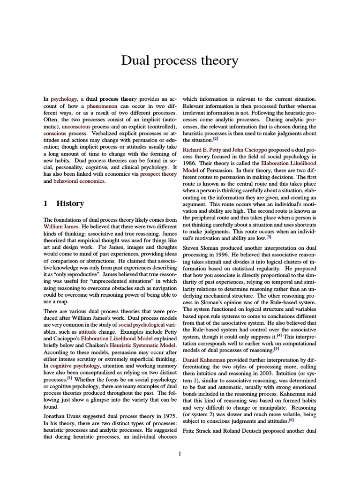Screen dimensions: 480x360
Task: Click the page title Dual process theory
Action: click(180, 61)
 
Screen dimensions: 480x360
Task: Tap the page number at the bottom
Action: click(180, 453)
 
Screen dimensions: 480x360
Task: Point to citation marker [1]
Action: click(69, 377)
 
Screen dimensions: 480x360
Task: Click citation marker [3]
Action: click(269, 237)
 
